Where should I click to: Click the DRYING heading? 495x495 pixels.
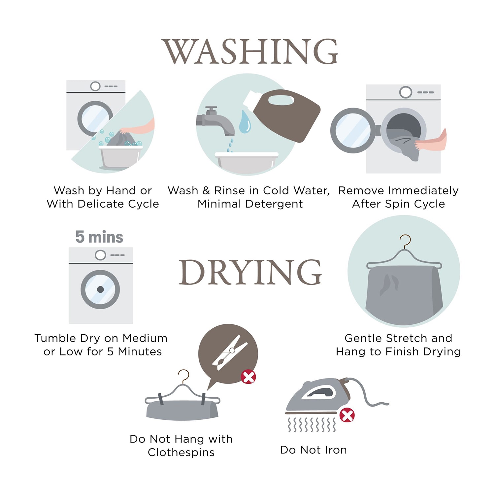pos(250,272)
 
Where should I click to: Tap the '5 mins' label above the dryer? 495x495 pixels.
pos(99,237)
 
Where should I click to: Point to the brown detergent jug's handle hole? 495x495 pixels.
pos(281,100)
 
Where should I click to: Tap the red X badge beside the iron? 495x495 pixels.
pos(347,415)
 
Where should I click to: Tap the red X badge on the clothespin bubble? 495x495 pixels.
pos(248,377)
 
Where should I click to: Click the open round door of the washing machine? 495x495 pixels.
pos(353,130)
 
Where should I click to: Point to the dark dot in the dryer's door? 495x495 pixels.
pos(100,289)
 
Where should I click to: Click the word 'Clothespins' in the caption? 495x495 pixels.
pos(181,452)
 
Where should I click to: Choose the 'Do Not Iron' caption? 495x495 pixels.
pos(313,450)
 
